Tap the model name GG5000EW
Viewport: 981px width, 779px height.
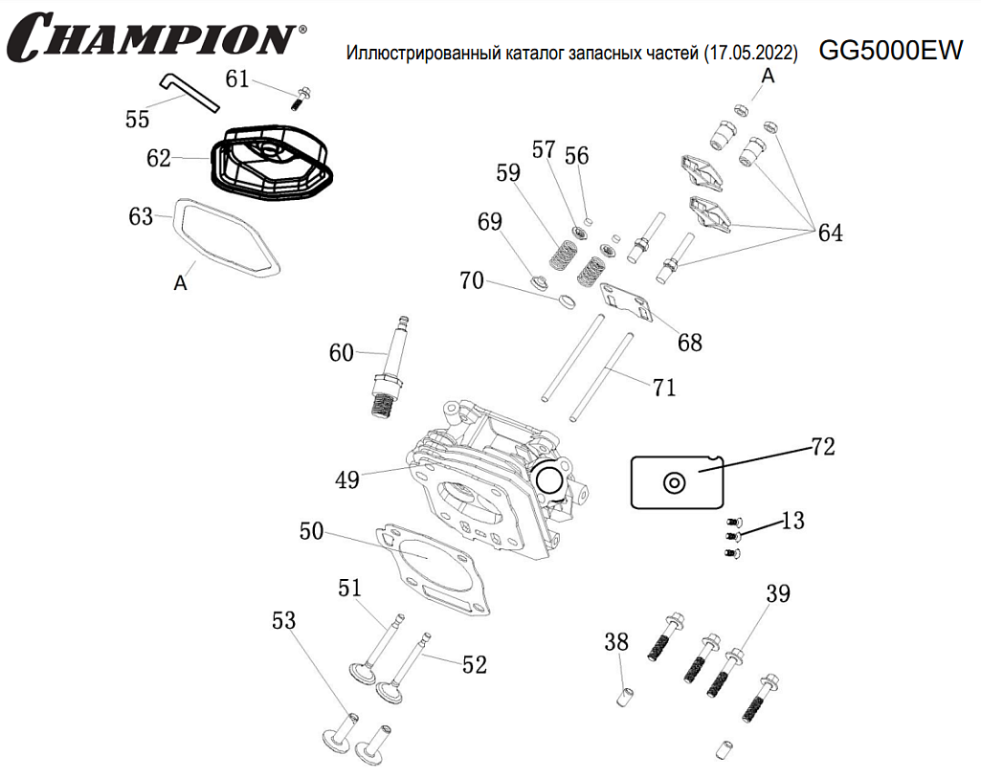[890, 52]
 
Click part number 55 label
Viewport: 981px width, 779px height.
[138, 119]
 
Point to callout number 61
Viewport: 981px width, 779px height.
[238, 79]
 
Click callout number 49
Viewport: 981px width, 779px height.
[347, 479]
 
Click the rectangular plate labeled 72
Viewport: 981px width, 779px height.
[676, 481]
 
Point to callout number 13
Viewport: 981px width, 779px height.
[792, 522]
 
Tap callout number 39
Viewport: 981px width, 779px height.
[778, 594]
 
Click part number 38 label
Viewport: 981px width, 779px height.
[616, 641]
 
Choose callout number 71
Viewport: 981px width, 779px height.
[664, 388]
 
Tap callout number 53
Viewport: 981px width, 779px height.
[284, 621]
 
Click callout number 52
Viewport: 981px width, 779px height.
[475, 665]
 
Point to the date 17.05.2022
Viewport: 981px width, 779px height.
[749, 54]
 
